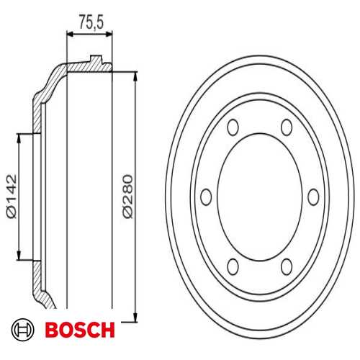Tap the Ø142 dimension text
[x=11, y=195]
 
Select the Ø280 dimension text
[x=127, y=195]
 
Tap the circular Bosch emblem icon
[x=22, y=330]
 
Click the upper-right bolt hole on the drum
[x=287, y=128]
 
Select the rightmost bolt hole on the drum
[x=313, y=196]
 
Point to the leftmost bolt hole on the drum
[x=205, y=196]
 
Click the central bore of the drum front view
[x=259, y=196]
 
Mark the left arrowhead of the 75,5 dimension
[x=71, y=33]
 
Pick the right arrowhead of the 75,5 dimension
[x=109, y=33]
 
